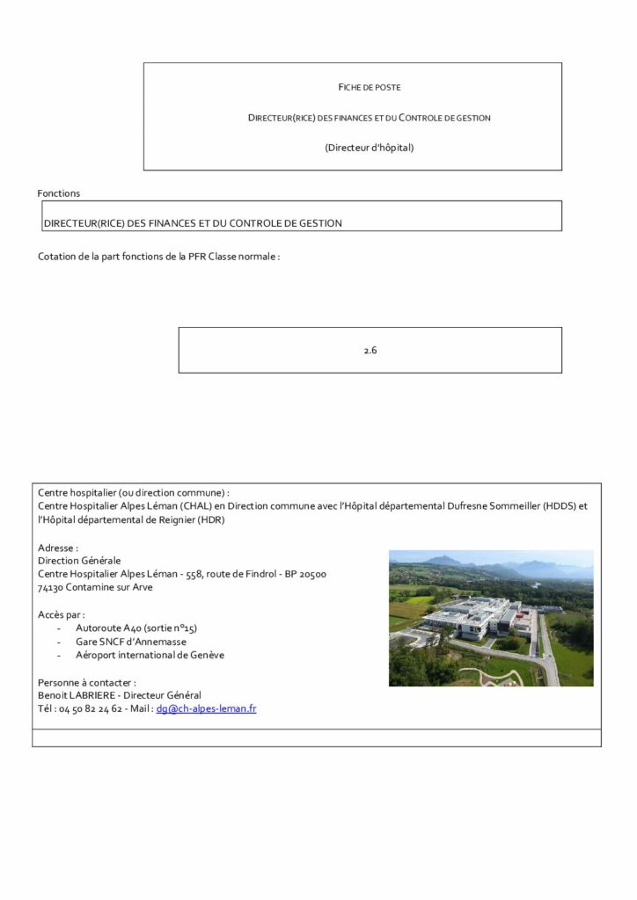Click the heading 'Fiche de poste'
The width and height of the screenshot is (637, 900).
370,87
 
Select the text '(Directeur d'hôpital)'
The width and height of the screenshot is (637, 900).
370,147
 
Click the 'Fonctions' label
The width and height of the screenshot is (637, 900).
59,193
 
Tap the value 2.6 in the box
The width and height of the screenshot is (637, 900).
370,350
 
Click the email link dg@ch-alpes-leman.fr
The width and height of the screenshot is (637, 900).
206,708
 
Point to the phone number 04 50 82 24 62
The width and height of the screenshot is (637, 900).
91,708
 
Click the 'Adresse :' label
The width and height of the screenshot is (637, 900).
58,548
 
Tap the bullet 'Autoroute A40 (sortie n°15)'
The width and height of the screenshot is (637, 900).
136,628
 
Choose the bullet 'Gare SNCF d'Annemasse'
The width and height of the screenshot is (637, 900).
128,642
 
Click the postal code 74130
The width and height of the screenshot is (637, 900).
52,587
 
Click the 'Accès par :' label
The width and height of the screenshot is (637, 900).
62,614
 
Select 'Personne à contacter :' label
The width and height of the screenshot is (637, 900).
86,682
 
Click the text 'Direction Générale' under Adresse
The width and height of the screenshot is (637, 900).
79,561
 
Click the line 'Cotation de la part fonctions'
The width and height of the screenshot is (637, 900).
158,258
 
